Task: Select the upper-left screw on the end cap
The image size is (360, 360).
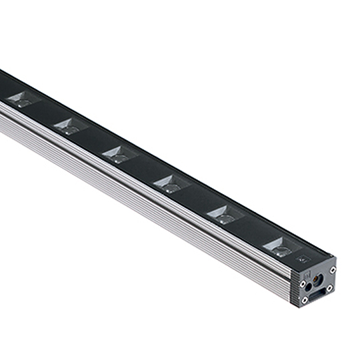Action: [303, 283]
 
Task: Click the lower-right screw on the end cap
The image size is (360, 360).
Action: [329, 289]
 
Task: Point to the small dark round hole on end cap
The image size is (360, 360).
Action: [308, 287]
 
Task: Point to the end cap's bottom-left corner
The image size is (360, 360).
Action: [293, 304]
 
